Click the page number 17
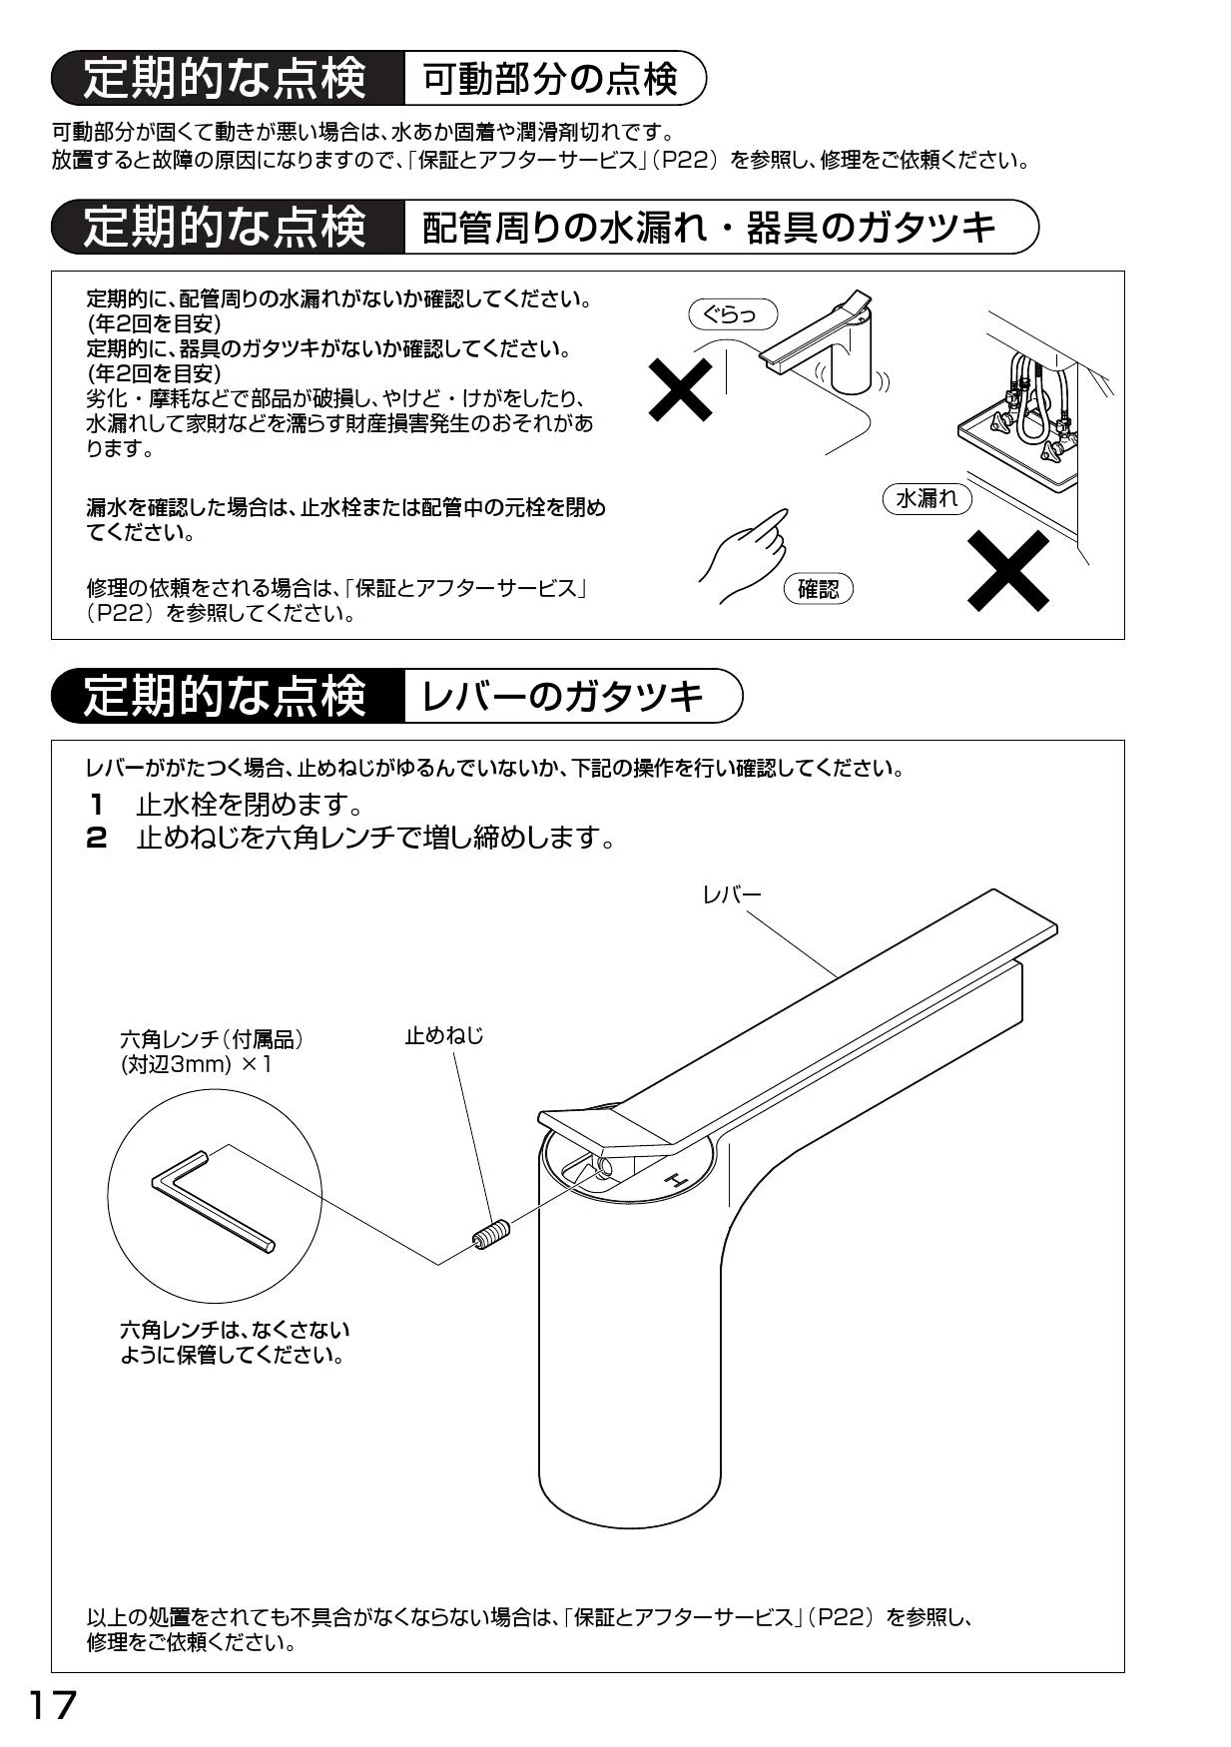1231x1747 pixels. [x=53, y=1706]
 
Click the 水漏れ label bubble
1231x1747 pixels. [x=927, y=498]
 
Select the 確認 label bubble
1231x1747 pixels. [x=819, y=589]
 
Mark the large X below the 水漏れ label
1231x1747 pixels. [x=1008, y=570]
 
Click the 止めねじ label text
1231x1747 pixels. [x=444, y=1036]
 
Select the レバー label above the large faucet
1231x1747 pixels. [x=732, y=894]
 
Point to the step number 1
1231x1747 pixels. [x=97, y=804]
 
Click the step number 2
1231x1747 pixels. [x=97, y=838]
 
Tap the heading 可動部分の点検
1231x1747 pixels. [x=550, y=79]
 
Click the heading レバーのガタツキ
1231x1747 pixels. [x=563, y=696]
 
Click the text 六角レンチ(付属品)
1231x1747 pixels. [x=212, y=1039]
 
